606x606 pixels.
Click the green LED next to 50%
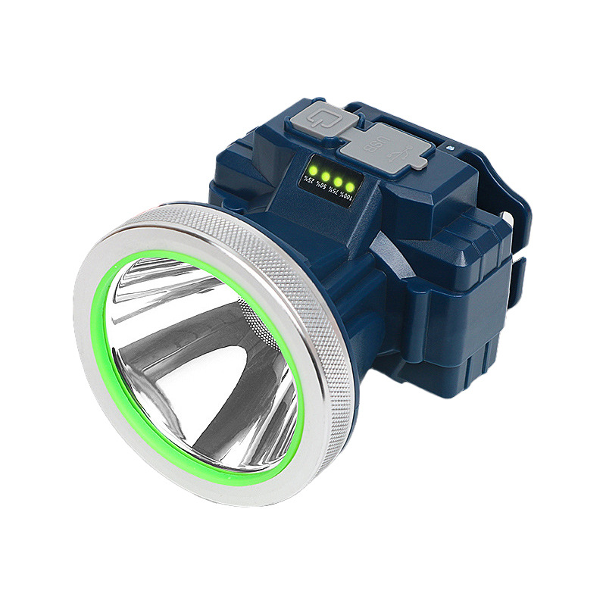324,175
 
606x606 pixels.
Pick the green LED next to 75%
336,180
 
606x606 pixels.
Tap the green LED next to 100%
349,186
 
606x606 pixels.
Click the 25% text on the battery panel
307,181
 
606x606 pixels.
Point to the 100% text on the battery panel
344,198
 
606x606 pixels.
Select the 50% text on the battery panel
319,186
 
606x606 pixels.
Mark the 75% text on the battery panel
331,192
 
